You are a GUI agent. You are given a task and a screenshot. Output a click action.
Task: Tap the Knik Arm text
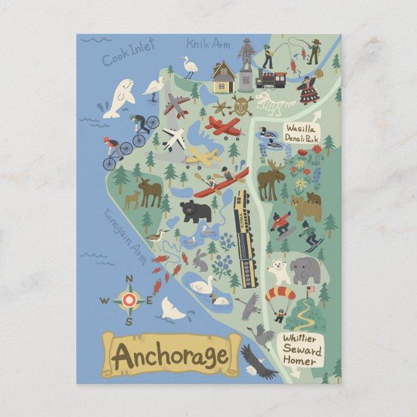(x=209, y=44)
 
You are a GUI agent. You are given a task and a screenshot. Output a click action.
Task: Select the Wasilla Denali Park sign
(x=302, y=133)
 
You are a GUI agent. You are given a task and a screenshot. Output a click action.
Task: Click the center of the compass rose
(x=130, y=300)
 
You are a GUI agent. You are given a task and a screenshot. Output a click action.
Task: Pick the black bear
(x=196, y=210)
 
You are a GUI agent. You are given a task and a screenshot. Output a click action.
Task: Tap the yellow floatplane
(x=203, y=157)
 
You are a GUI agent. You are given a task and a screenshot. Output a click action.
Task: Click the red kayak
(x=221, y=183)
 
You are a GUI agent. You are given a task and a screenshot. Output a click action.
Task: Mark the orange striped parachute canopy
(x=280, y=294)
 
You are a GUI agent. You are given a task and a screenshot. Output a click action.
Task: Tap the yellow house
(x=223, y=78)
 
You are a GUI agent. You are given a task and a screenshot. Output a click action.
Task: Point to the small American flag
(x=310, y=289)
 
